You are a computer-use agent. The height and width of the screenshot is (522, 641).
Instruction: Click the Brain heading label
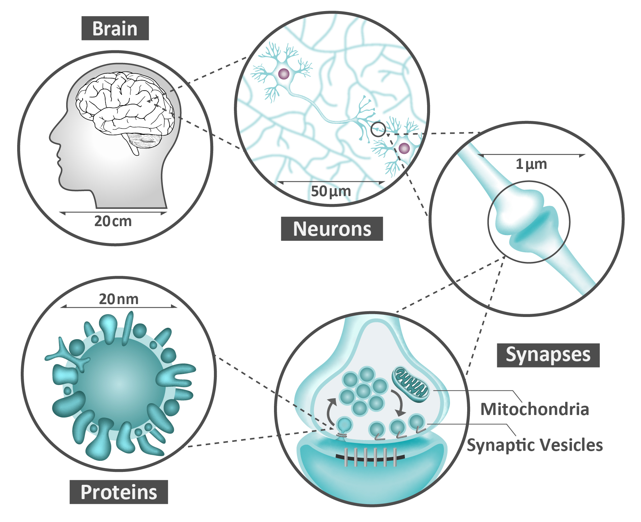coord(115,28)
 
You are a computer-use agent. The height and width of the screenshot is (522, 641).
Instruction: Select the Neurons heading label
coord(332,229)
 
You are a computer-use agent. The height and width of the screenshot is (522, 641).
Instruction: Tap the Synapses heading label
coord(548,355)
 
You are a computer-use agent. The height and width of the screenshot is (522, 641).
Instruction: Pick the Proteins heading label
coord(119,492)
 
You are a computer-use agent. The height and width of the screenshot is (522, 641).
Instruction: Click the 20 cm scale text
coord(113,221)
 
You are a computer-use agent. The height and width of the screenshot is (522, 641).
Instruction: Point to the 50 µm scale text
coord(331,191)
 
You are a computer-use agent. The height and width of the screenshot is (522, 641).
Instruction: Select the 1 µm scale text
coord(531,164)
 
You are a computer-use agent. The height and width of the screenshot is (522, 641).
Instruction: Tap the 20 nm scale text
coord(118,299)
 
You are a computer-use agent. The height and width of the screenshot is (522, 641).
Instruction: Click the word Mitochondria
coord(534,409)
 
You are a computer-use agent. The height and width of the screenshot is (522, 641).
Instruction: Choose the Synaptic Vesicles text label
coord(535,445)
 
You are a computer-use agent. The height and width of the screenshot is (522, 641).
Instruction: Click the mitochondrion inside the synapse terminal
coord(410,384)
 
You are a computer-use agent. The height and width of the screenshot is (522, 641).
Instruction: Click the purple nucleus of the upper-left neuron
coord(284,74)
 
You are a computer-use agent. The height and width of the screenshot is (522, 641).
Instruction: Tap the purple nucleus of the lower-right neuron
coord(404,148)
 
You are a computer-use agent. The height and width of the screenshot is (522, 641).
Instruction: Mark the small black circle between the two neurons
coord(378,129)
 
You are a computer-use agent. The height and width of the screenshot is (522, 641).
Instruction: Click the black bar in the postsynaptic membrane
coord(370,457)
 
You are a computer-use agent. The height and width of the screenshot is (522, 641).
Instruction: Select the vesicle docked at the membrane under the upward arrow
coord(345,425)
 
